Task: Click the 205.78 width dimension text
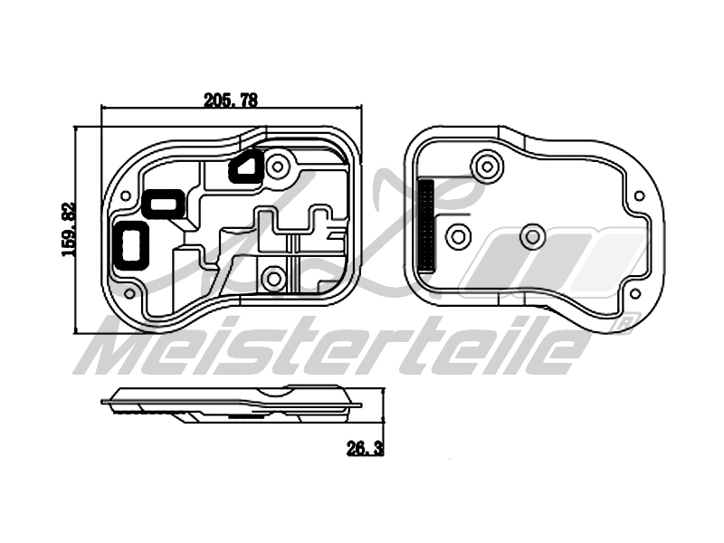point(231,101)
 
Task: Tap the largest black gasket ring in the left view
point(132,243)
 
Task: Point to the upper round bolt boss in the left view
point(277,166)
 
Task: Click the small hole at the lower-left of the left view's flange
point(129,294)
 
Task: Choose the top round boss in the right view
point(487,166)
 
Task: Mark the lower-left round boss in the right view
point(459,237)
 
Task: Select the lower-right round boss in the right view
point(531,237)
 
